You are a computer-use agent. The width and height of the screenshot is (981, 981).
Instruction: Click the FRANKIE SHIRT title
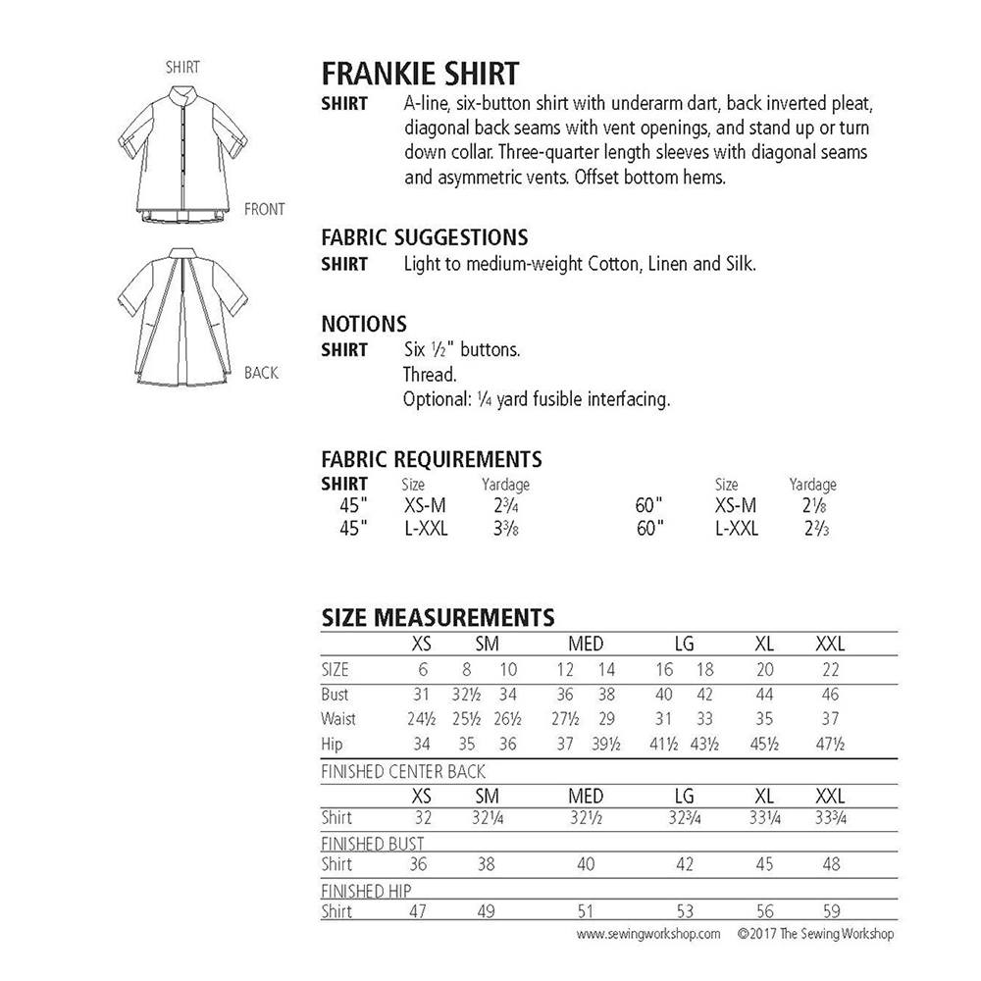pyautogui.click(x=421, y=74)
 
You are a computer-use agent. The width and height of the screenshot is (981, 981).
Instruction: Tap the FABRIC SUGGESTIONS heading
pyautogui.click(x=425, y=237)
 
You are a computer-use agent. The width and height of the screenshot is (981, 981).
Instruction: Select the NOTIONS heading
pyautogui.click(x=364, y=324)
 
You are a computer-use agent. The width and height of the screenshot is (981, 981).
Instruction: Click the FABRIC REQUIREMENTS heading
pyautogui.click(x=432, y=459)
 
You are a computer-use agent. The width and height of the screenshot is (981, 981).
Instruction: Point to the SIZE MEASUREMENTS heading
pyautogui.click(x=438, y=617)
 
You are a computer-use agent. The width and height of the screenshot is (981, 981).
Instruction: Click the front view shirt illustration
pyautogui.click(x=181, y=152)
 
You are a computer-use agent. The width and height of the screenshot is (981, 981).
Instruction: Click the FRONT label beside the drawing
pyautogui.click(x=265, y=209)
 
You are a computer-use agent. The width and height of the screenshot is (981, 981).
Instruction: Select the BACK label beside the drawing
pyautogui.click(x=261, y=373)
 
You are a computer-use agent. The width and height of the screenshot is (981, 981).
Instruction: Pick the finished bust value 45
pyautogui.click(x=764, y=864)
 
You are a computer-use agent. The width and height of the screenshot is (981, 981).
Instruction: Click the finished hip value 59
pyautogui.click(x=829, y=912)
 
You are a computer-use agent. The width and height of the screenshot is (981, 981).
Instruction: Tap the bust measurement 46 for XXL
pyautogui.click(x=829, y=695)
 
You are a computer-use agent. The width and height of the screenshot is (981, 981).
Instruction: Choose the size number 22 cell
pyautogui.click(x=829, y=670)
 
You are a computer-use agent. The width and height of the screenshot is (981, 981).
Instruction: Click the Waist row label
pyautogui.click(x=338, y=719)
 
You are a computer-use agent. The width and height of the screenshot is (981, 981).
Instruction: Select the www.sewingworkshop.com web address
pyautogui.click(x=648, y=934)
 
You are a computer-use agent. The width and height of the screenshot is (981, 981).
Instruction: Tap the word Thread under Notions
pyautogui.click(x=429, y=375)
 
